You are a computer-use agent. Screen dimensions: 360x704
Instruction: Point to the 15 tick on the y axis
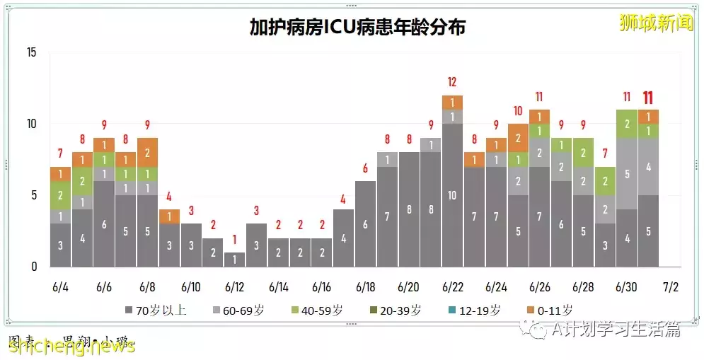32,52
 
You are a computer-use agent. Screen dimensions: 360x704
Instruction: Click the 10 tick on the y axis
32,124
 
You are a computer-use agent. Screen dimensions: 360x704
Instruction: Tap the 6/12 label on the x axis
234,288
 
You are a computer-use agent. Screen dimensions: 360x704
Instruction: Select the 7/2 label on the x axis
670,288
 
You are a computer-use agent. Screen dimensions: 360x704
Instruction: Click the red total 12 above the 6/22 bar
452,82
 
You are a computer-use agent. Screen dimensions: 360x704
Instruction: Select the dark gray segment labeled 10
452,195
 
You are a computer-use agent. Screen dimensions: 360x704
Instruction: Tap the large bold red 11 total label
648,98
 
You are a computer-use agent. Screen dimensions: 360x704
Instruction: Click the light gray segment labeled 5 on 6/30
627,173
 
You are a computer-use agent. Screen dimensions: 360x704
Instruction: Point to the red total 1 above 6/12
234,240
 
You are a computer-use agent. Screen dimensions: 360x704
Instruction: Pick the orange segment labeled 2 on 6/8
147,152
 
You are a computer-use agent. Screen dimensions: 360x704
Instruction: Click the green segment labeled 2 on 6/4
60,195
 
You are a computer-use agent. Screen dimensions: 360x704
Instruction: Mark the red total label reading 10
518,111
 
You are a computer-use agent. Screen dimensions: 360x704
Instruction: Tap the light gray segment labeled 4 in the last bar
648,167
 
